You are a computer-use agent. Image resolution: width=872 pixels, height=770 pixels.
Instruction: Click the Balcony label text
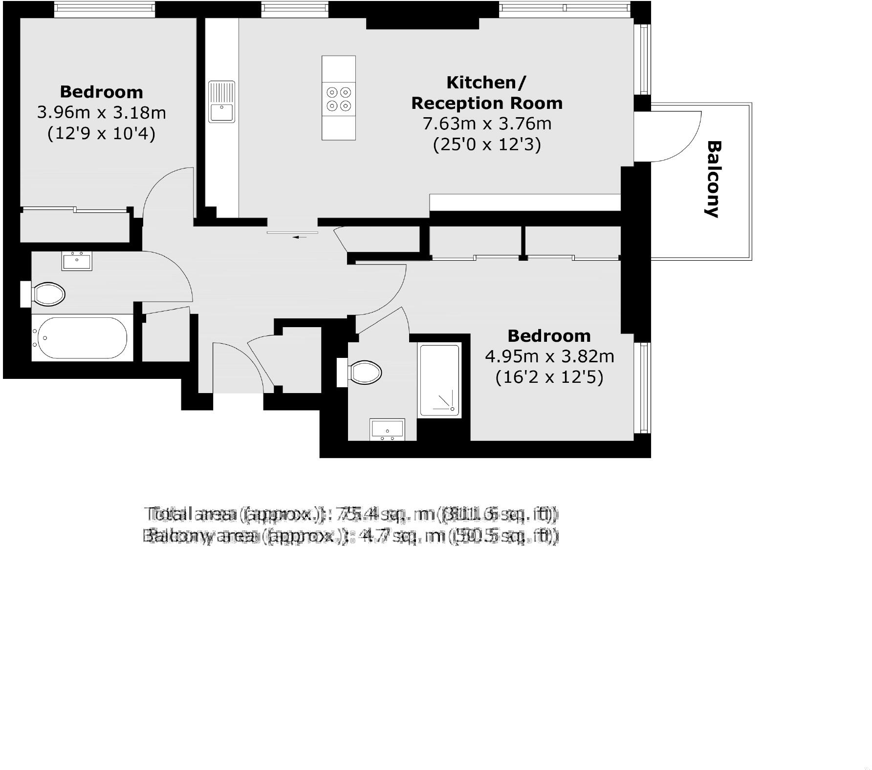(x=714, y=179)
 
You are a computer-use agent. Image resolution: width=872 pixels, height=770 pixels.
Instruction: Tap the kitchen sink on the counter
(x=222, y=102)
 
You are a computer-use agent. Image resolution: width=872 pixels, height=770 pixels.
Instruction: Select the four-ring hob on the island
(x=339, y=99)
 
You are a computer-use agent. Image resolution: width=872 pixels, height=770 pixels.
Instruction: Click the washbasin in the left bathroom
(x=77, y=260)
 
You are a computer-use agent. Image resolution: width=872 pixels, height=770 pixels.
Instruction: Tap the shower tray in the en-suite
(x=439, y=381)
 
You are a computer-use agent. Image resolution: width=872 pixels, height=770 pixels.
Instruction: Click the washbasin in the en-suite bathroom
(x=387, y=430)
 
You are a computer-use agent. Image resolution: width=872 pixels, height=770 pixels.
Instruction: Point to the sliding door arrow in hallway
(x=299, y=237)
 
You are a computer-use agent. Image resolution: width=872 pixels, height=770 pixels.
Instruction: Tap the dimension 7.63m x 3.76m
(x=487, y=124)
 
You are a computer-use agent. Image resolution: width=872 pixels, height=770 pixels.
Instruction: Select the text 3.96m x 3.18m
(x=102, y=113)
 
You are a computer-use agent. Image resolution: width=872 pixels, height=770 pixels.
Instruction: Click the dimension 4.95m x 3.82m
(x=549, y=356)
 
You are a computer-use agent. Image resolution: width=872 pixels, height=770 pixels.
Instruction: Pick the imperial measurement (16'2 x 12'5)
(x=549, y=377)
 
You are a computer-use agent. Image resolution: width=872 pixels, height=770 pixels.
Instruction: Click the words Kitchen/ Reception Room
(x=487, y=93)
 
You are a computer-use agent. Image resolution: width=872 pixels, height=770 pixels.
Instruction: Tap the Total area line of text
(x=351, y=514)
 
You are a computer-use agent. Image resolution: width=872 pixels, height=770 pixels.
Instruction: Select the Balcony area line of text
(x=350, y=536)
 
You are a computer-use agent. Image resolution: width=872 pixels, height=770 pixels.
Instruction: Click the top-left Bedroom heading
(x=102, y=92)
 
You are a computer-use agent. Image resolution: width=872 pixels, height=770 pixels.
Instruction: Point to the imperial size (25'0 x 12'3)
(x=487, y=145)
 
